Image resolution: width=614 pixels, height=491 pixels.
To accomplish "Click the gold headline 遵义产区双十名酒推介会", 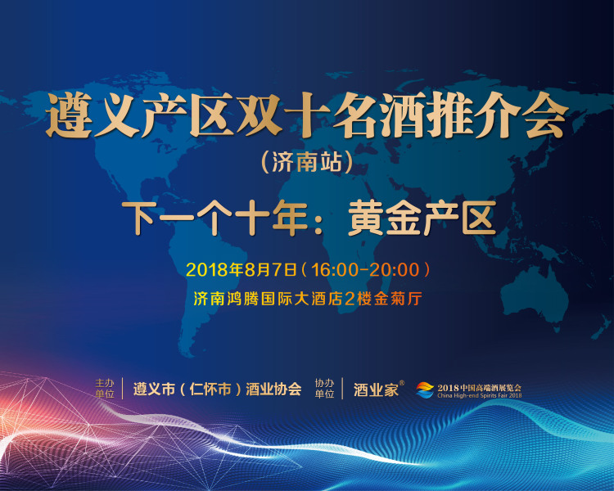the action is [x=307, y=115].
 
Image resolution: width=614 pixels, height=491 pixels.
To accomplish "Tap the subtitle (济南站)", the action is [x=307, y=162].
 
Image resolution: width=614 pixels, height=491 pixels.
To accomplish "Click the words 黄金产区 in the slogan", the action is [x=422, y=218].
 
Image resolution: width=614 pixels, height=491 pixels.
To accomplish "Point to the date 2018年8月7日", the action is [x=242, y=270].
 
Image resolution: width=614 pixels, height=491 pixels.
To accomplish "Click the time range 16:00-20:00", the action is [x=365, y=270].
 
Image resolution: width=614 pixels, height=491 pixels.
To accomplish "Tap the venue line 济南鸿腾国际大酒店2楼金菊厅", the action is [x=308, y=299].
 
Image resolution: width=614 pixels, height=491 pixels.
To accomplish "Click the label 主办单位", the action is [x=105, y=389].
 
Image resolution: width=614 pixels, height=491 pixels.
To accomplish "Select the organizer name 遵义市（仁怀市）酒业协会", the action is [x=217, y=389].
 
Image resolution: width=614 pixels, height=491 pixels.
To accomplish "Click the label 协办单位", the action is [x=325, y=389].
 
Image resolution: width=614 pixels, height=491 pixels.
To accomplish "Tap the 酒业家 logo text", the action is [x=376, y=390].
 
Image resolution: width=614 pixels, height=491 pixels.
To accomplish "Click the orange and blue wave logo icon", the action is [x=425, y=390].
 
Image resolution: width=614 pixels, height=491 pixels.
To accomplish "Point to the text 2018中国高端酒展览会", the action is [x=479, y=388].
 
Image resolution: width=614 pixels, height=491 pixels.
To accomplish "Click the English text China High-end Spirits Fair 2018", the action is [x=479, y=395].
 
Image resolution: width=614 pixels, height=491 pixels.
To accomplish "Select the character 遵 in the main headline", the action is [x=68, y=116].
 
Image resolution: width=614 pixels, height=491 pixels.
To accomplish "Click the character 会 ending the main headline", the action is [x=547, y=115].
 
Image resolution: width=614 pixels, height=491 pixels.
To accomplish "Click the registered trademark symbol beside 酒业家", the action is [x=402, y=383].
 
